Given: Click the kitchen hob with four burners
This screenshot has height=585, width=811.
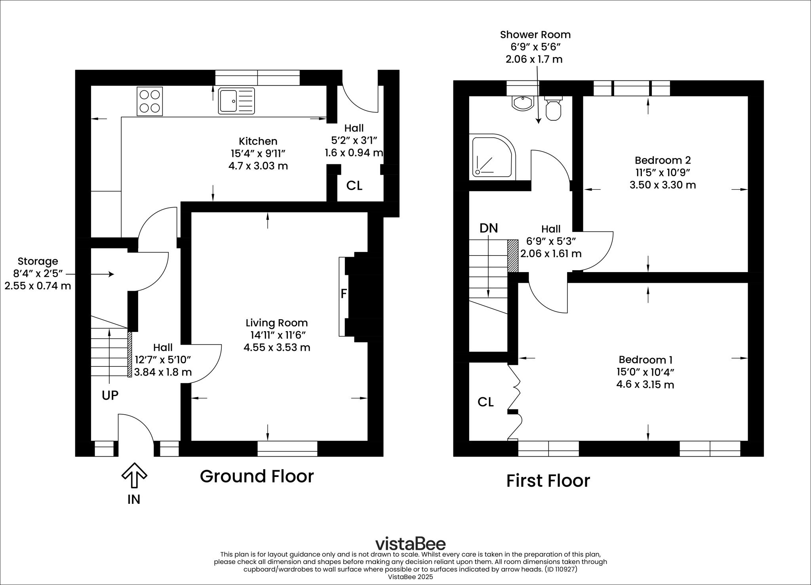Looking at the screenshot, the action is (150, 101).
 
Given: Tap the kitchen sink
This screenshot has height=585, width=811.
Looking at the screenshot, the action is (236, 101).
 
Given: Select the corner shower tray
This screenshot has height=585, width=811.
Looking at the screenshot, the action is (493, 156).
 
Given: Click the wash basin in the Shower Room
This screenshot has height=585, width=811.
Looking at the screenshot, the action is (523, 103).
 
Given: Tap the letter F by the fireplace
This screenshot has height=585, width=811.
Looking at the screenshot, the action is (344, 293).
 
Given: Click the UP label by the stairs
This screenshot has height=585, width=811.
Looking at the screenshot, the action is (110, 395).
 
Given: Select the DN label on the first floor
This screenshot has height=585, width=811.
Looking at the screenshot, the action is (489, 228).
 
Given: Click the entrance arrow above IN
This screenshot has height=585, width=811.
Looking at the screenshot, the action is (134, 475).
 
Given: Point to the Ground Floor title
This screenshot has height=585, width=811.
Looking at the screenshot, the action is (257, 476).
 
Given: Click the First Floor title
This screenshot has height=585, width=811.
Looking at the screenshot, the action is (548, 481).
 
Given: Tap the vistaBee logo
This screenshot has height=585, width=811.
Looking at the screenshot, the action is (410, 543).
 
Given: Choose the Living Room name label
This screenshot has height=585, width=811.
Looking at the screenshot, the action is (276, 323).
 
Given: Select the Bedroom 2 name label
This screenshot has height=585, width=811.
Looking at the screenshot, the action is (663, 160).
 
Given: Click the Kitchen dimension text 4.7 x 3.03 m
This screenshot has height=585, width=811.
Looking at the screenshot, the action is (258, 166).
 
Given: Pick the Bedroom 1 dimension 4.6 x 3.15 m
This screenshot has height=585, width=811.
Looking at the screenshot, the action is (645, 384).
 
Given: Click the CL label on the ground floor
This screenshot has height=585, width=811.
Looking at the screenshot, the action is (354, 185).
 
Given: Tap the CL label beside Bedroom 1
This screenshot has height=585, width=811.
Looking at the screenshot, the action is (485, 402).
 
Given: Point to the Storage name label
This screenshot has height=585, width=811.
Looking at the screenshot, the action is (38, 261).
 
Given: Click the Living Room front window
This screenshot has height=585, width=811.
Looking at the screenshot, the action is (287, 449).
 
